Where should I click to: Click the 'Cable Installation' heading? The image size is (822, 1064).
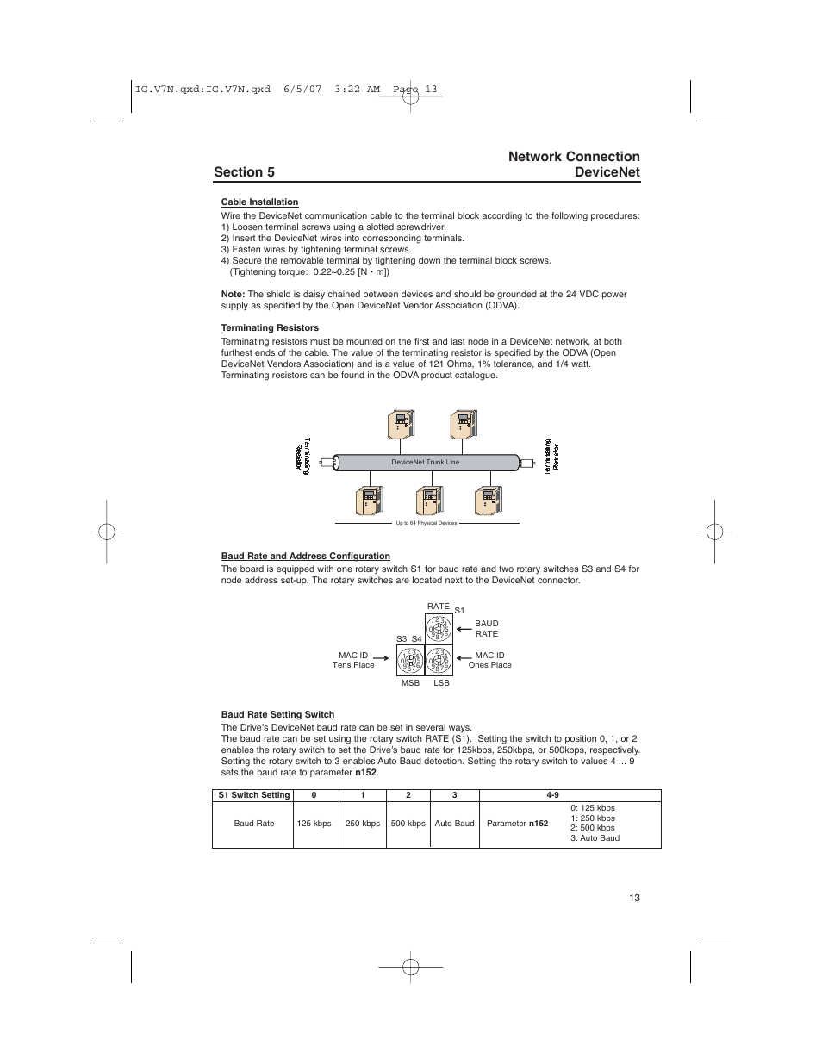(x=259, y=202)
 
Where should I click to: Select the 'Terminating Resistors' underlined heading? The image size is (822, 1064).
(x=270, y=328)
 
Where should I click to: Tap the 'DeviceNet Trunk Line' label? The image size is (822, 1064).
(x=426, y=463)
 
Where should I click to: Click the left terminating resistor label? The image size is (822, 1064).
(x=302, y=457)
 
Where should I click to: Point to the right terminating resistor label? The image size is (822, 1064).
(x=551, y=455)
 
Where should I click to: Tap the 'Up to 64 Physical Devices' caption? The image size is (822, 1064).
(x=426, y=523)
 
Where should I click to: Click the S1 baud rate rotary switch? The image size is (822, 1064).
(x=438, y=629)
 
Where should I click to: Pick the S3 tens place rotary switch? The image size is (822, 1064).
(x=410, y=661)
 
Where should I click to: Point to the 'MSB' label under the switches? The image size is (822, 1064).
(x=410, y=683)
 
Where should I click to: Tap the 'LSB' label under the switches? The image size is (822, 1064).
(x=441, y=683)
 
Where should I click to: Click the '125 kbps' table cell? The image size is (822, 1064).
(x=314, y=824)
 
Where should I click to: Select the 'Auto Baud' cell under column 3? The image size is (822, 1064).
(x=454, y=824)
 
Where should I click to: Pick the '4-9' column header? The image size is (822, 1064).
(x=552, y=795)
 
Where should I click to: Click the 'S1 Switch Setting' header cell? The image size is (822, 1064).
(x=253, y=795)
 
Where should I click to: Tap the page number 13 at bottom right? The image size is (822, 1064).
(x=634, y=898)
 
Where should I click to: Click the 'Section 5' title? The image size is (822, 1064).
(x=244, y=172)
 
